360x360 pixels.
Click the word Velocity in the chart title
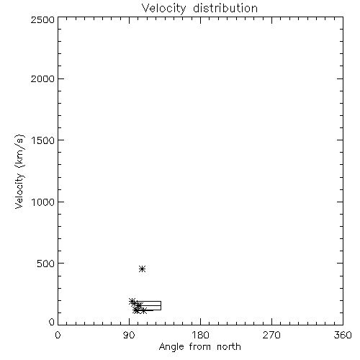[163, 8]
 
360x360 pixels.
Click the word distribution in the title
[225, 8]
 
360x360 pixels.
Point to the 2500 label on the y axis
[42, 20]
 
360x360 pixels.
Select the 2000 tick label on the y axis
[42, 78]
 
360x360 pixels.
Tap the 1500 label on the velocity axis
[43, 140]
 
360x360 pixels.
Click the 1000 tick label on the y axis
[43, 202]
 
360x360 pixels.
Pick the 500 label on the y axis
[46, 264]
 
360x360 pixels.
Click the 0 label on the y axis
[52, 322]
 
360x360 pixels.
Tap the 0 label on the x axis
[58, 335]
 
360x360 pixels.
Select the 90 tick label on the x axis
[129, 335]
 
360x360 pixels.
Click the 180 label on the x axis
[200, 335]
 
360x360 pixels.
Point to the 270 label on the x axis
[271, 335]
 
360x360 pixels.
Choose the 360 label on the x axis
[343, 335]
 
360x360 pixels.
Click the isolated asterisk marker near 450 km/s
[142, 269]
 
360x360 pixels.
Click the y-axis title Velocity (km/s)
[19, 171]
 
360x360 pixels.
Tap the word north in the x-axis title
[229, 347]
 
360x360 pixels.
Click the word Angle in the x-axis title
[171, 347]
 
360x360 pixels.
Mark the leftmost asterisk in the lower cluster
[132, 301]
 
